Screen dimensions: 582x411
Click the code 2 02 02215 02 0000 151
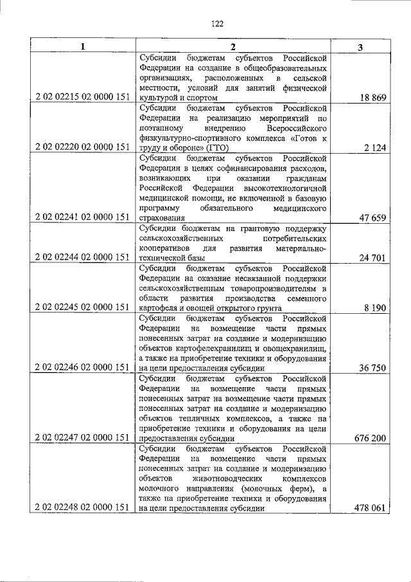[x=82, y=97]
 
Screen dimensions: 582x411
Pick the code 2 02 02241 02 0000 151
[x=82, y=218]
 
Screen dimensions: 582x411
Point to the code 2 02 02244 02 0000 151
[x=82, y=258]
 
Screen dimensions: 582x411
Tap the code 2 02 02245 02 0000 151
[x=82, y=307]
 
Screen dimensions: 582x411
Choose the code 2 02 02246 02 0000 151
[x=82, y=368]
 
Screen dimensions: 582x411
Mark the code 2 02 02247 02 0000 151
[x=82, y=438]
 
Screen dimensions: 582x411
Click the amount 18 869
[x=370, y=97]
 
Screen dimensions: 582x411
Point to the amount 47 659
[x=370, y=218]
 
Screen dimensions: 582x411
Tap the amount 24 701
[x=370, y=258]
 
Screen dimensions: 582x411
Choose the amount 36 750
[x=370, y=368]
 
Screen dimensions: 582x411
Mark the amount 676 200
[x=367, y=438]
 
